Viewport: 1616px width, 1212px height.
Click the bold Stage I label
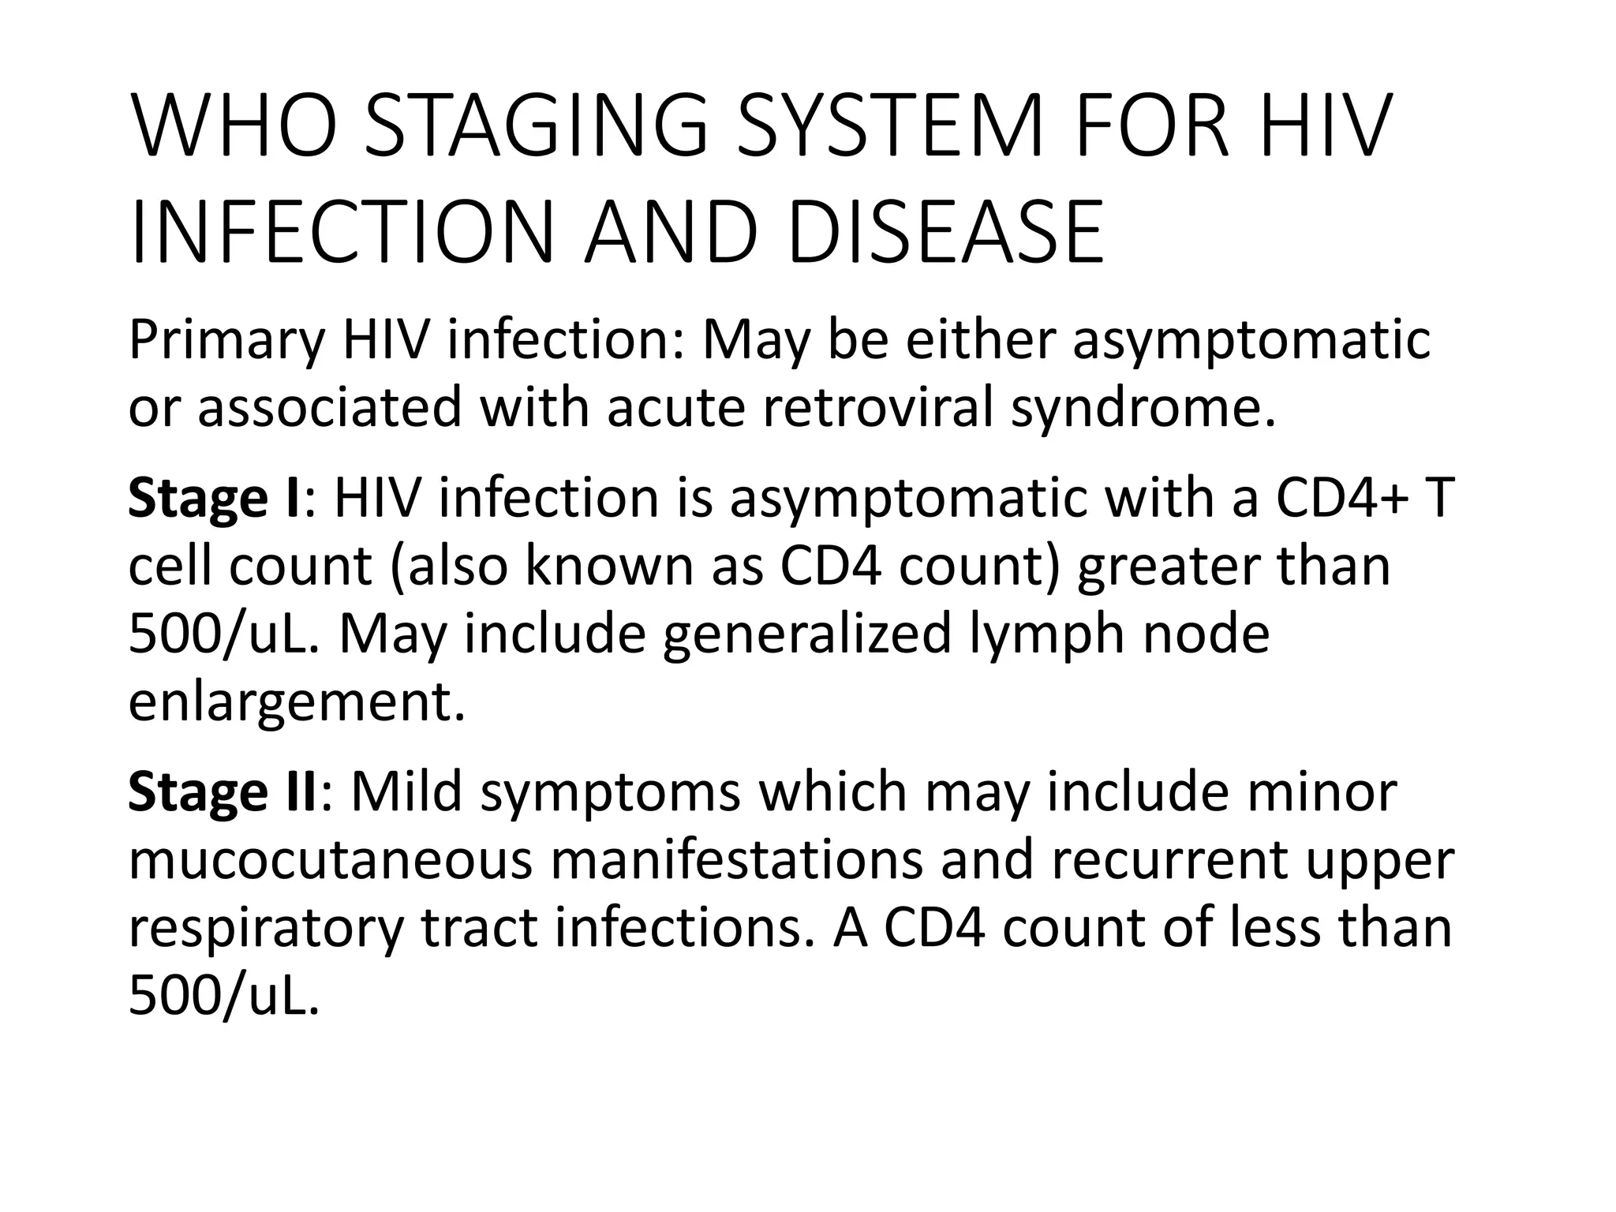click(x=213, y=499)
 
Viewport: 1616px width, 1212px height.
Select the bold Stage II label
click(x=222, y=792)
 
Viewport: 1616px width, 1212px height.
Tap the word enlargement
click(x=296, y=701)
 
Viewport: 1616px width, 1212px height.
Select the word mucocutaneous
click(x=331, y=860)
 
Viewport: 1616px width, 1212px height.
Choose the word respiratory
click(x=265, y=928)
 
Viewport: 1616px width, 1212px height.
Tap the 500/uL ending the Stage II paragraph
click(x=224, y=996)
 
